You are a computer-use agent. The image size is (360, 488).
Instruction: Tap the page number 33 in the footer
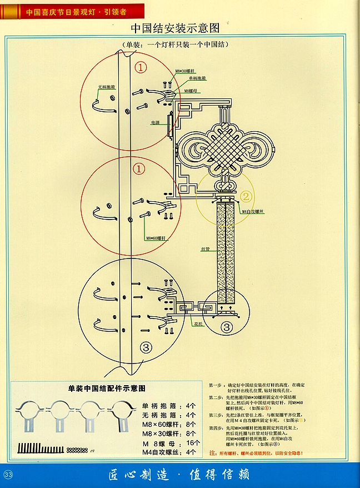8,474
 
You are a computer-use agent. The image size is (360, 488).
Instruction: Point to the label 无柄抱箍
106,87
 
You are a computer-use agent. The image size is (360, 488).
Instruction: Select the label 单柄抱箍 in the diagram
197,78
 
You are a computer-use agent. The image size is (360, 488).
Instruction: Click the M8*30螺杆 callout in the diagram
184,72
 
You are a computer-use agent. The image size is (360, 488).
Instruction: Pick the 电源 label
156,122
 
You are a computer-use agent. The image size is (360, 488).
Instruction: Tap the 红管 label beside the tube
205,250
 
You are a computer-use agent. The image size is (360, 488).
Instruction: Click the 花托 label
198,322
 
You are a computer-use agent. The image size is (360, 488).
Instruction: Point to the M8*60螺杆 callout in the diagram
154,238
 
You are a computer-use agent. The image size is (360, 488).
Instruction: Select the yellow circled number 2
247,196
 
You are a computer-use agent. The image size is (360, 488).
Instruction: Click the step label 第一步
216,385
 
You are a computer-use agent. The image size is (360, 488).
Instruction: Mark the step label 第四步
216,427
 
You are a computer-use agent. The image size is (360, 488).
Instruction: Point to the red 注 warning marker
212,454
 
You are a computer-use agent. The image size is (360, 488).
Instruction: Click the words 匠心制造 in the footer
136,474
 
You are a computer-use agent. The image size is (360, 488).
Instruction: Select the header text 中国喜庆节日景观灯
58,9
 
